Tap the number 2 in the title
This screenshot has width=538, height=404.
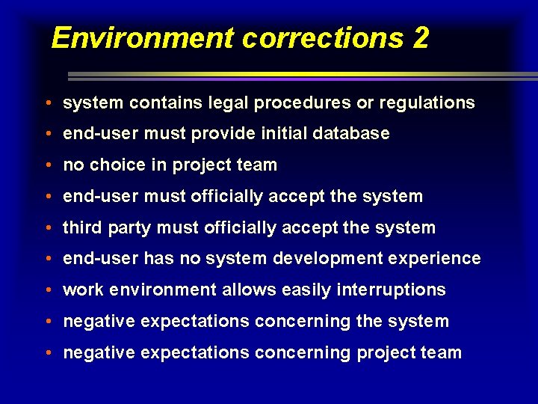click(420, 37)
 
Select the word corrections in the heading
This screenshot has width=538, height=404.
click(322, 37)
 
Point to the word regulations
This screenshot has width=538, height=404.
click(427, 103)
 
